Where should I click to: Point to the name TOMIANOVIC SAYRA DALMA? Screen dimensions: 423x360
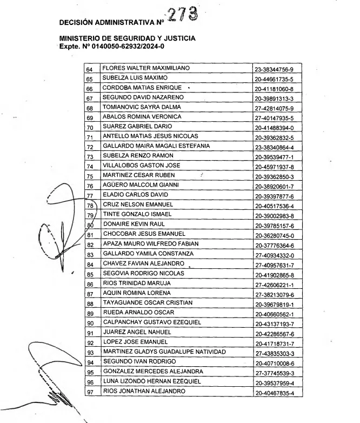[139, 107]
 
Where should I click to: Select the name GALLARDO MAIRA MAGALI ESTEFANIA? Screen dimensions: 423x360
[157, 145]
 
